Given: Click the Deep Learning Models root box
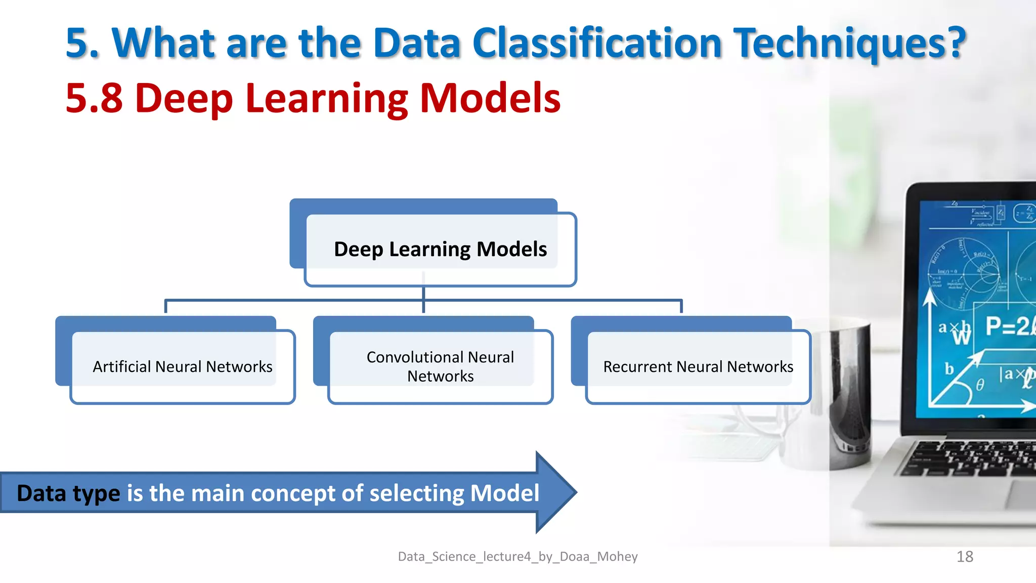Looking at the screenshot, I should click(440, 249).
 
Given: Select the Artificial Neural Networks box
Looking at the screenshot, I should click(183, 366).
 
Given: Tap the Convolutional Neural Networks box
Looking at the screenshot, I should click(440, 366).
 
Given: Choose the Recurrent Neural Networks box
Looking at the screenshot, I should click(698, 366).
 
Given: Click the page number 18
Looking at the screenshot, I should click(965, 557).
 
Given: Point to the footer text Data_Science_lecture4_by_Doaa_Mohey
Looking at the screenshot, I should click(517, 557).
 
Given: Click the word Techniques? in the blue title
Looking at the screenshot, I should click(850, 44).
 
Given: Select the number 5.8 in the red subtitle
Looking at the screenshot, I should click(94, 98).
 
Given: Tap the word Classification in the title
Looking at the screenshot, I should click(597, 44).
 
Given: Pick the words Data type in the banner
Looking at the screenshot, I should click(68, 493).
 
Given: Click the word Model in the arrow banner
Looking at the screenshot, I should click(504, 493).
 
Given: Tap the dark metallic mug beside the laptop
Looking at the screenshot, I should click(850, 395).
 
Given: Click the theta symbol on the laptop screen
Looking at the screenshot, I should click(980, 385).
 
